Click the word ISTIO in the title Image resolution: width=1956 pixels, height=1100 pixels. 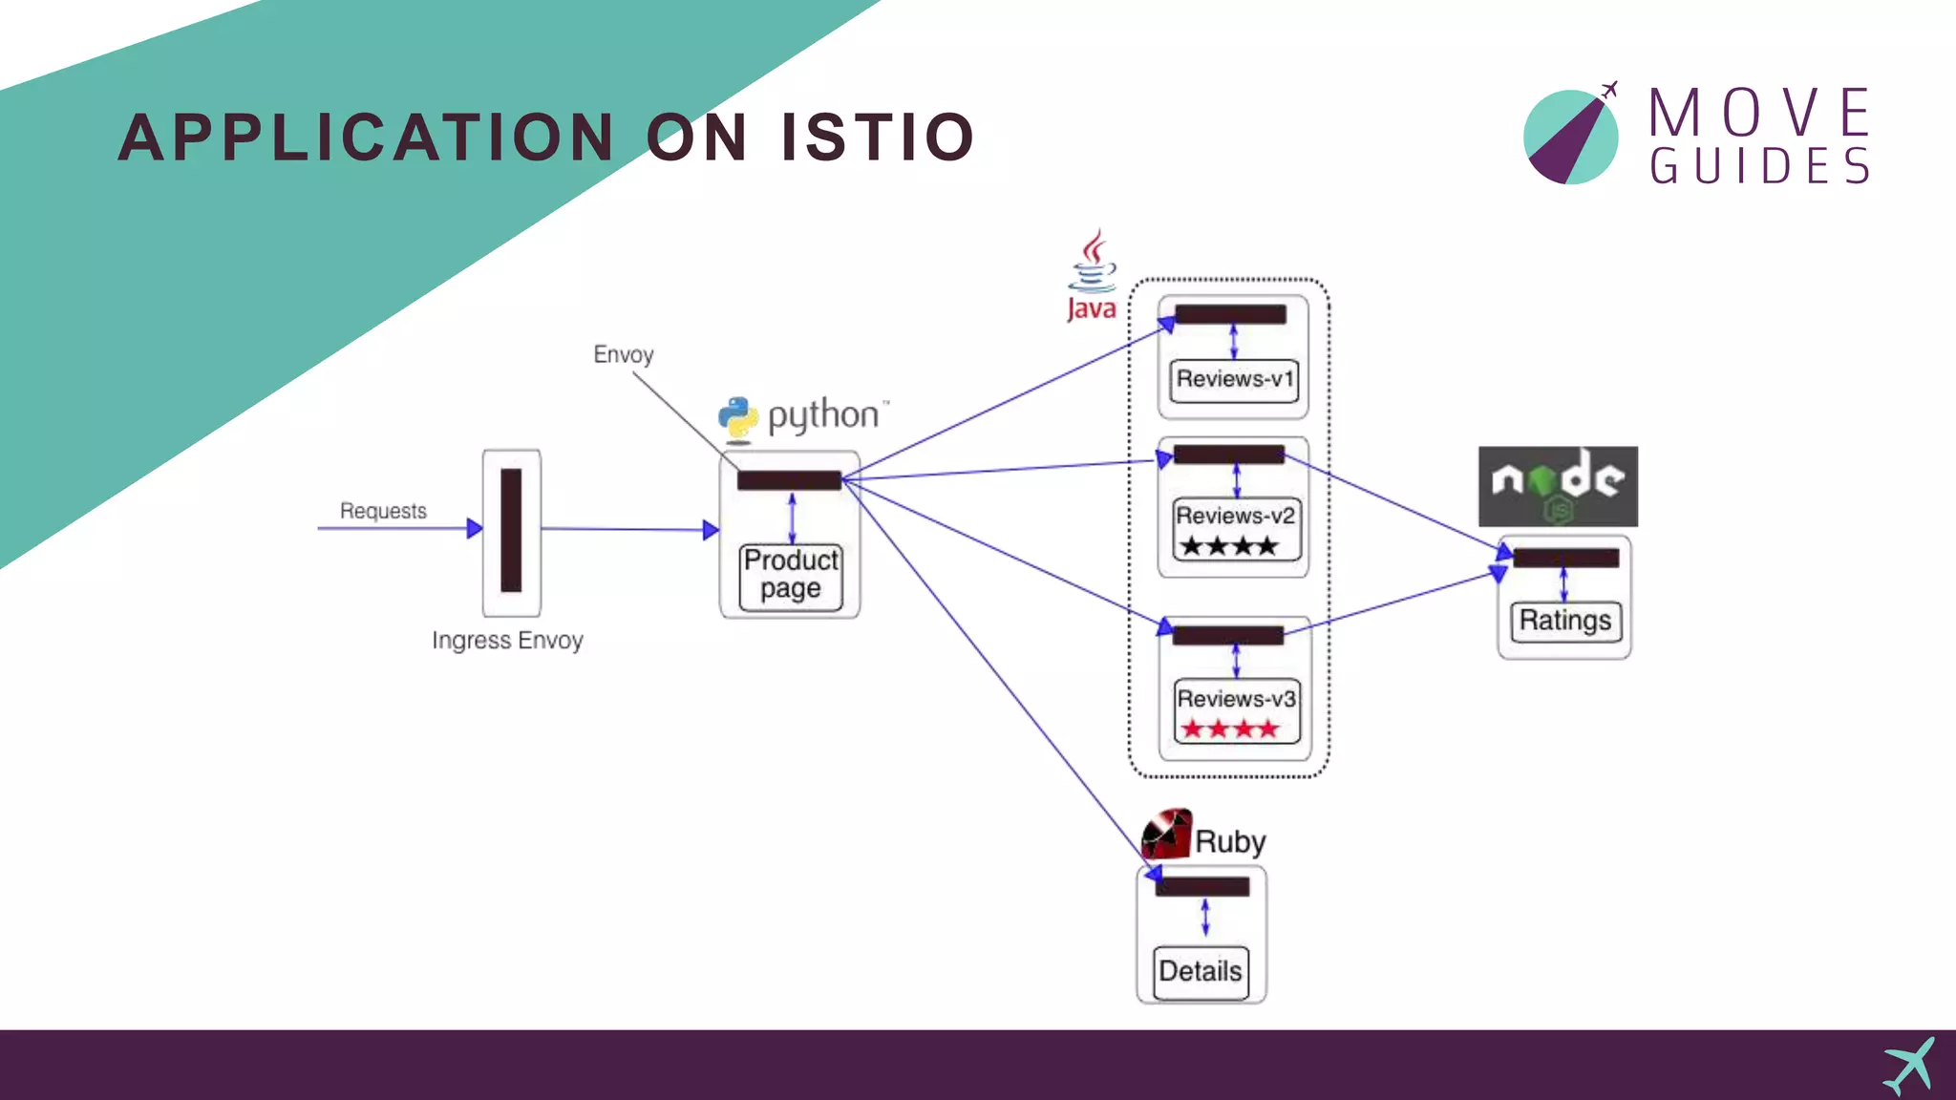877,137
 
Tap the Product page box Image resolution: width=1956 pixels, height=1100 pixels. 791,575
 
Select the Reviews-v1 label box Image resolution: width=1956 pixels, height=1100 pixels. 1234,380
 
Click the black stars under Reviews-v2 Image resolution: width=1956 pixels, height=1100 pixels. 1228,546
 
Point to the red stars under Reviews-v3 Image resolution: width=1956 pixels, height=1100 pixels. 1229,730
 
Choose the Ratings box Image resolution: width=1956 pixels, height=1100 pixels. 1564,621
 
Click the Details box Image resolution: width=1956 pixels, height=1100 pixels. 1201,972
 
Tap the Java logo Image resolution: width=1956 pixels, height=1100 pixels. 1092,275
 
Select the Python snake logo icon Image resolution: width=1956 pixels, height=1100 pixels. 737,418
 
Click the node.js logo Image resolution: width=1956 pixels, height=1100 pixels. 1558,486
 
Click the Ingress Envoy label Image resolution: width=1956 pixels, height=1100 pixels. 507,640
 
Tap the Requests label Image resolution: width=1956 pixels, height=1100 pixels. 383,511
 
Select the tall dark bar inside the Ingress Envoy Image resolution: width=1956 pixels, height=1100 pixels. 511,530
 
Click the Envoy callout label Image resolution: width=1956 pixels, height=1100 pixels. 624,354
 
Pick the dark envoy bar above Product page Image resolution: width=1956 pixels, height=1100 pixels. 789,480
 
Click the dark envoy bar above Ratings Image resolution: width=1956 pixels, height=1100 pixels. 1565,558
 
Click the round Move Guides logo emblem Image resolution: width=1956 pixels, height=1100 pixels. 1571,137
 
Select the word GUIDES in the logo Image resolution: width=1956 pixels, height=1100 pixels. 1759,166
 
